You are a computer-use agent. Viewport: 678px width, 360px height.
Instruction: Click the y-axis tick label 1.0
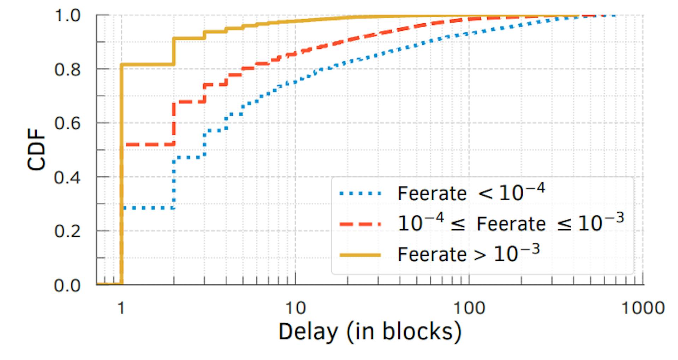click(67, 16)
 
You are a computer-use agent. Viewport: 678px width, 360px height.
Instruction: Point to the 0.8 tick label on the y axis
click(67, 70)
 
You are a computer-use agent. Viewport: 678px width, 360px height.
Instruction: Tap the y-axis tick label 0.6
click(67, 124)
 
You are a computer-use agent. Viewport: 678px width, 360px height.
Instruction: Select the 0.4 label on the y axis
click(67, 178)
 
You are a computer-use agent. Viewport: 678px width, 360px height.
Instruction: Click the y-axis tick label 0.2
click(67, 232)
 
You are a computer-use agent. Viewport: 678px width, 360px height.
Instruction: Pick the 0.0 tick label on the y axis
click(67, 285)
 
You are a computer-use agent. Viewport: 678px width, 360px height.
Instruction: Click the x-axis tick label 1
click(121, 308)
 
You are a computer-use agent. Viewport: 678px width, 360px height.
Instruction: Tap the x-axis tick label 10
click(295, 308)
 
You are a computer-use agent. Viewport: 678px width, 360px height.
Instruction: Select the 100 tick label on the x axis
click(469, 308)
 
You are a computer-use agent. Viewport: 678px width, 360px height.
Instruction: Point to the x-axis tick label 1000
click(643, 308)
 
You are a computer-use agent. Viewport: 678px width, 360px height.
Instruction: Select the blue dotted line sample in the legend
click(360, 193)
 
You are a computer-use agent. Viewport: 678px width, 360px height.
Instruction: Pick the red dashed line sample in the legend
click(360, 224)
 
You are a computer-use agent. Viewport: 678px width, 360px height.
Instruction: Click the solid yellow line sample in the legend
click(360, 254)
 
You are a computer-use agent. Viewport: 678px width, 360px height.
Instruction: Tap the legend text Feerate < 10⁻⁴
click(471, 193)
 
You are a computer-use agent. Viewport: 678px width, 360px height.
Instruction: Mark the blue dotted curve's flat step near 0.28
click(148, 208)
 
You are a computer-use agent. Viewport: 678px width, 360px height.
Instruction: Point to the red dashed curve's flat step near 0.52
click(148, 144)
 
